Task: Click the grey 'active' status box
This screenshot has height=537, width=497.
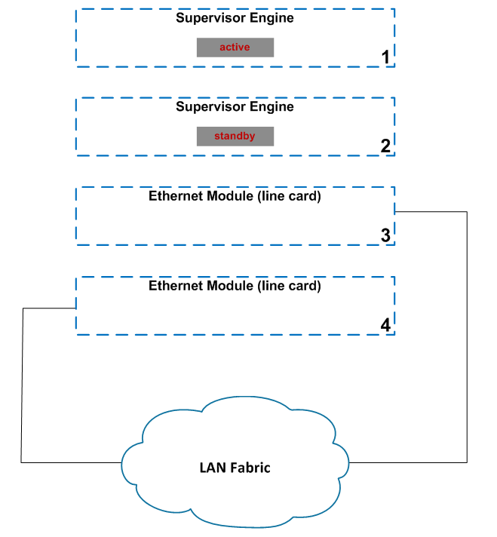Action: click(235, 48)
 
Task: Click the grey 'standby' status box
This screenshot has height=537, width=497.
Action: click(235, 137)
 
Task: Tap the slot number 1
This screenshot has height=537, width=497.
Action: click(385, 57)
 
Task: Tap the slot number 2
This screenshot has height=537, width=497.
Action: click(385, 146)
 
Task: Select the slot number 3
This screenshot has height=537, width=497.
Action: click(385, 235)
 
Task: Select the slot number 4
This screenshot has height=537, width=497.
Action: click(385, 325)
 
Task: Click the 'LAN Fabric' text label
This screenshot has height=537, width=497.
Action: click(235, 468)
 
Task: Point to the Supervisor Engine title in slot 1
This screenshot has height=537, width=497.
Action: click(235, 18)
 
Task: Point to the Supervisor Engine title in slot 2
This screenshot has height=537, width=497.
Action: click(235, 107)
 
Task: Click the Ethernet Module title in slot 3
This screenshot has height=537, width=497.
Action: click(235, 197)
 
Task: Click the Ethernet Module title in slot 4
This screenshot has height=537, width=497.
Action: click(235, 287)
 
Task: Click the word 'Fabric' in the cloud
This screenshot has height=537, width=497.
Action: click(251, 468)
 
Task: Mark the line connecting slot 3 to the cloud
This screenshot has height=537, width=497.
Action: click(468, 339)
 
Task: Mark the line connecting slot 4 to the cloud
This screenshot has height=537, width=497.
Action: click(23, 385)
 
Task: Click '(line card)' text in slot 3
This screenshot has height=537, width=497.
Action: click(289, 197)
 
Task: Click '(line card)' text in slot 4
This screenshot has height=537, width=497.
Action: click(289, 287)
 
